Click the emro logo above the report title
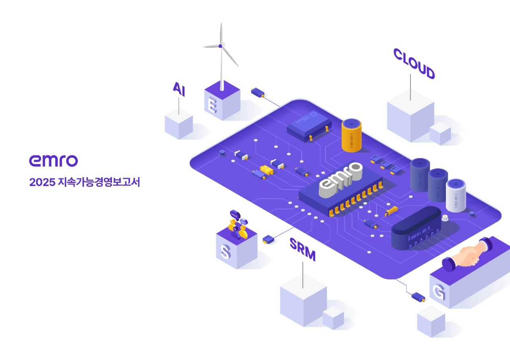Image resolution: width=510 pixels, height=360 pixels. click(x=53, y=160)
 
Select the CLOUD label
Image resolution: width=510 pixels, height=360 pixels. click(x=414, y=64)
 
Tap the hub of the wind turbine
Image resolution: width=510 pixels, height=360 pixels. click(x=220, y=46)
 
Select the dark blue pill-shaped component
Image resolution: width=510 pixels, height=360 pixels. click(x=416, y=229)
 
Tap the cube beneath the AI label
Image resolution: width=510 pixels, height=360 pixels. click(x=179, y=126)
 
